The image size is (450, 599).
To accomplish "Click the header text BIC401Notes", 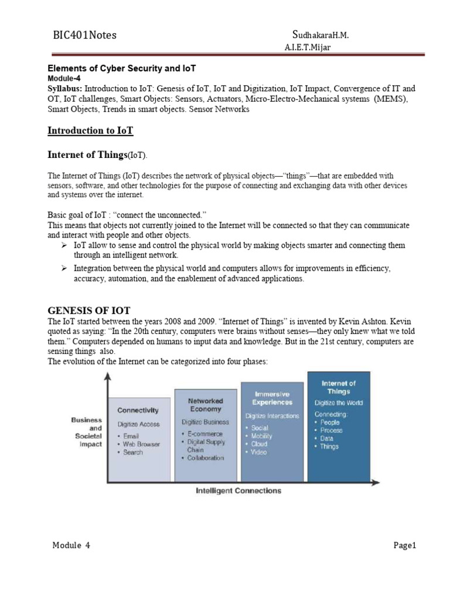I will click(85, 35).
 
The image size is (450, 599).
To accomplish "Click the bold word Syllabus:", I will click(65, 88).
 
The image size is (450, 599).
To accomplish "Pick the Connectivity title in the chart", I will click(138, 411).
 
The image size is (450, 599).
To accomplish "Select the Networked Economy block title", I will click(205, 405).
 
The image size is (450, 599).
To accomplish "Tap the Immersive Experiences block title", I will click(272, 398).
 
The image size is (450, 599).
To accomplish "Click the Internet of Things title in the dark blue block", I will click(338, 387).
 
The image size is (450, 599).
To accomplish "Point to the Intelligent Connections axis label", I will click(238, 491).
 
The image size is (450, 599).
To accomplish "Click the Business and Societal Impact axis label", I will click(86, 432).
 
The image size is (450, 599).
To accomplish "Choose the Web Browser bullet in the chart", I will click(141, 444).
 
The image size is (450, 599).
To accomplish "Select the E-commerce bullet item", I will click(205, 433).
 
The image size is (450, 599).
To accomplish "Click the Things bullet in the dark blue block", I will click(329, 446).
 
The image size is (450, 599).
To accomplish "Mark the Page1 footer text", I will click(404, 546).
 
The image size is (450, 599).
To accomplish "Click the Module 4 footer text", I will click(71, 546).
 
